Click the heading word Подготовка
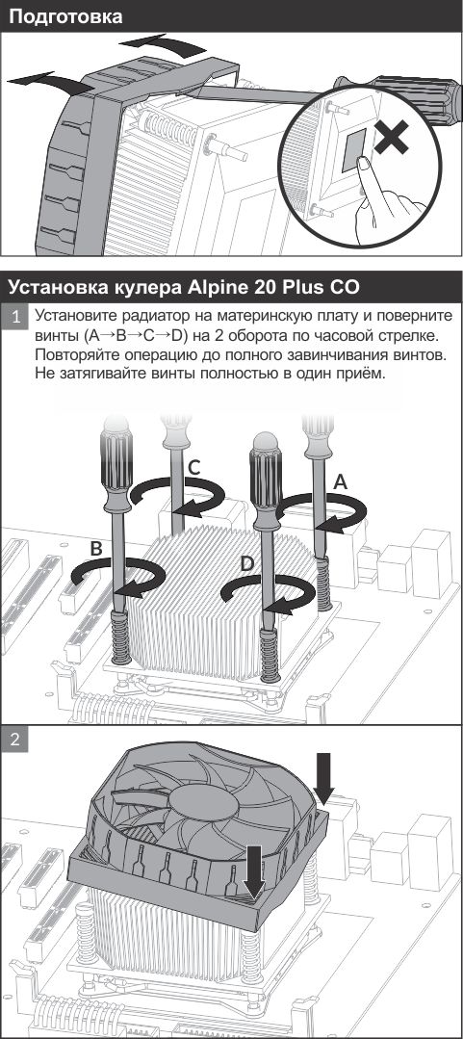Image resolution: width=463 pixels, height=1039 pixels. [x=66, y=16]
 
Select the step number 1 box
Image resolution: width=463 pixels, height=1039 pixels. [x=18, y=316]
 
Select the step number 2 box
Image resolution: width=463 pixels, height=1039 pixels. [x=18, y=740]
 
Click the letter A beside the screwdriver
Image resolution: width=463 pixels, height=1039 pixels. [x=341, y=482]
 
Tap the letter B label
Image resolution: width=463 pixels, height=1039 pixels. [x=96, y=549]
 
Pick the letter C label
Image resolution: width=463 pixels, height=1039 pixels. [x=193, y=468]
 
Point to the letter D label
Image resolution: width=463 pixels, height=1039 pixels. [x=247, y=564]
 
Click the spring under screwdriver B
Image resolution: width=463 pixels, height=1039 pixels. [x=121, y=636]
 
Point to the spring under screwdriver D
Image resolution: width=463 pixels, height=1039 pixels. [x=270, y=655]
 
